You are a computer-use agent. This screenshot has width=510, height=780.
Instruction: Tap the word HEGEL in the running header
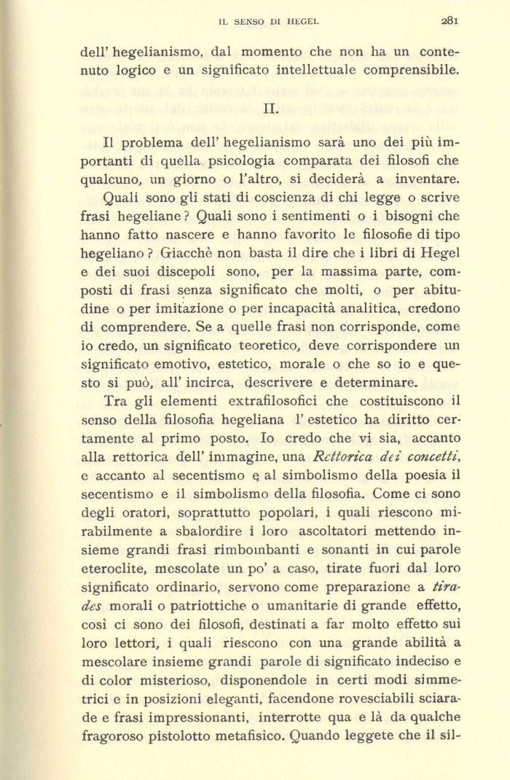303,22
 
